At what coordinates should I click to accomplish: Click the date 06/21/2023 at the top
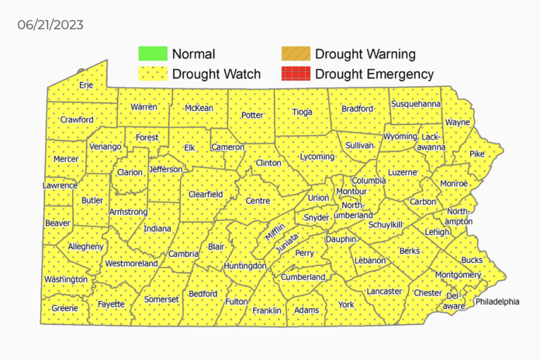click(50, 25)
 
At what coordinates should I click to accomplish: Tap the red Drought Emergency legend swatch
click(294, 74)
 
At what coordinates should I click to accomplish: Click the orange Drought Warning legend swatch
click(294, 54)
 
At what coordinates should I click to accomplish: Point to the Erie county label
click(86, 85)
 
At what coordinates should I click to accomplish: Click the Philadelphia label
click(497, 301)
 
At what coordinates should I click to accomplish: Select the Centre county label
click(257, 201)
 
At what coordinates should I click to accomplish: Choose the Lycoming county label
click(316, 157)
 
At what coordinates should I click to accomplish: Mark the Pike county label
click(476, 154)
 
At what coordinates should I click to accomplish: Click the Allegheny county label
click(85, 246)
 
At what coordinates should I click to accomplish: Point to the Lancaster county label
click(384, 291)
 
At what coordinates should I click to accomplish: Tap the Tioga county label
click(302, 112)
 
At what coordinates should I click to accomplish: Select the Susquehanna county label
click(416, 103)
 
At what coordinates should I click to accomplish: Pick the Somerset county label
click(161, 299)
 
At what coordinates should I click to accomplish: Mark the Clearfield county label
click(206, 194)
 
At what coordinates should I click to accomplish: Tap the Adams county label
click(306, 310)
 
